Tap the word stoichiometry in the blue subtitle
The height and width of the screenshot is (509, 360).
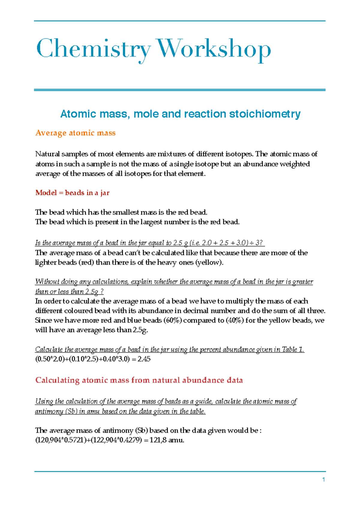pyautogui.click(x=265, y=114)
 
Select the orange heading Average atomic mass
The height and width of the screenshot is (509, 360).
pyautogui.click(x=75, y=133)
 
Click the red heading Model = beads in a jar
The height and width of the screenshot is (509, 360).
pyautogui.click(x=72, y=193)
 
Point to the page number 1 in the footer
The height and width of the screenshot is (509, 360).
pyautogui.click(x=324, y=480)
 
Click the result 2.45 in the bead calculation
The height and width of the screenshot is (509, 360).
pyautogui.click(x=144, y=359)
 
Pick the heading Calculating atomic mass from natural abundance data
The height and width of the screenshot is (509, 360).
pyautogui.click(x=139, y=380)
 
